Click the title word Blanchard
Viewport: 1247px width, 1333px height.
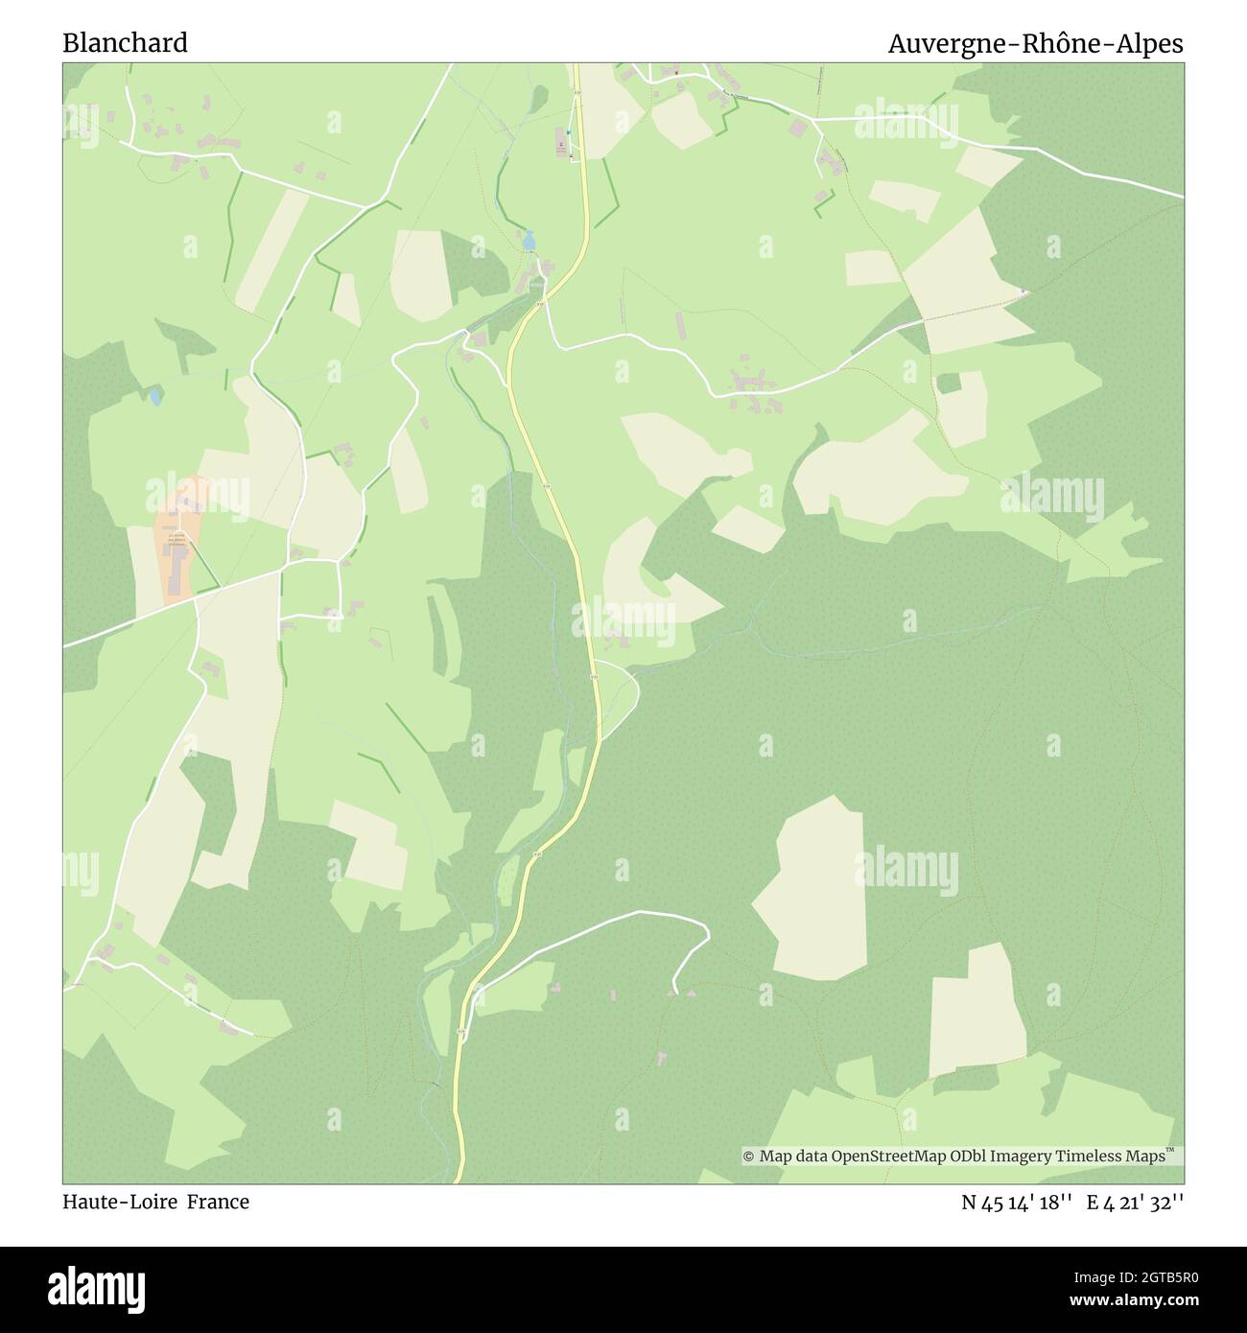coord(125,43)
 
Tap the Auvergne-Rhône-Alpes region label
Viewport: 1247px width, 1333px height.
coord(1035,44)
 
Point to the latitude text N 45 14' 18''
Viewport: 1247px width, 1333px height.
coord(1016,1203)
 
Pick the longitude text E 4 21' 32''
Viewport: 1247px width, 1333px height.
coord(1135,1203)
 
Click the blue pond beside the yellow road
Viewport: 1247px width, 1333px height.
coord(529,240)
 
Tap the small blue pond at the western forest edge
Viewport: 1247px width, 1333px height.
coord(154,394)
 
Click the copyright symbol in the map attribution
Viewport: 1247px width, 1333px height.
coord(749,1157)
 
